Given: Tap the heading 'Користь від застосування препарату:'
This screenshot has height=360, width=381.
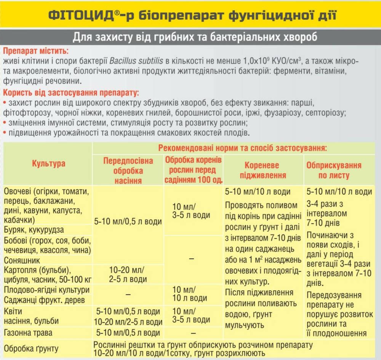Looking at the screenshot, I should click(x=71, y=93).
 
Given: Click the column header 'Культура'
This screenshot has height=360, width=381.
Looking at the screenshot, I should click(x=48, y=164).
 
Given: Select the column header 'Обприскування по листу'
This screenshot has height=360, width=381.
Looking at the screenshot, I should click(x=334, y=170).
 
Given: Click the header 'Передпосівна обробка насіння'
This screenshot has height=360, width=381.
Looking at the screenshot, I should click(x=128, y=170).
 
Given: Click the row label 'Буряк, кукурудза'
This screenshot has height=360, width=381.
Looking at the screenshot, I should click(x=34, y=230).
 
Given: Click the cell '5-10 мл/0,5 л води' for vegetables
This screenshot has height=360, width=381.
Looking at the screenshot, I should click(x=128, y=221).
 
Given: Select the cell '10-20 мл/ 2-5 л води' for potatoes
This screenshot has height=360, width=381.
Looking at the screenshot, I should click(x=128, y=274).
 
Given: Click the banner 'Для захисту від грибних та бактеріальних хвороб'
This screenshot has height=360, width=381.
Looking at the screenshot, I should click(x=190, y=38).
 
